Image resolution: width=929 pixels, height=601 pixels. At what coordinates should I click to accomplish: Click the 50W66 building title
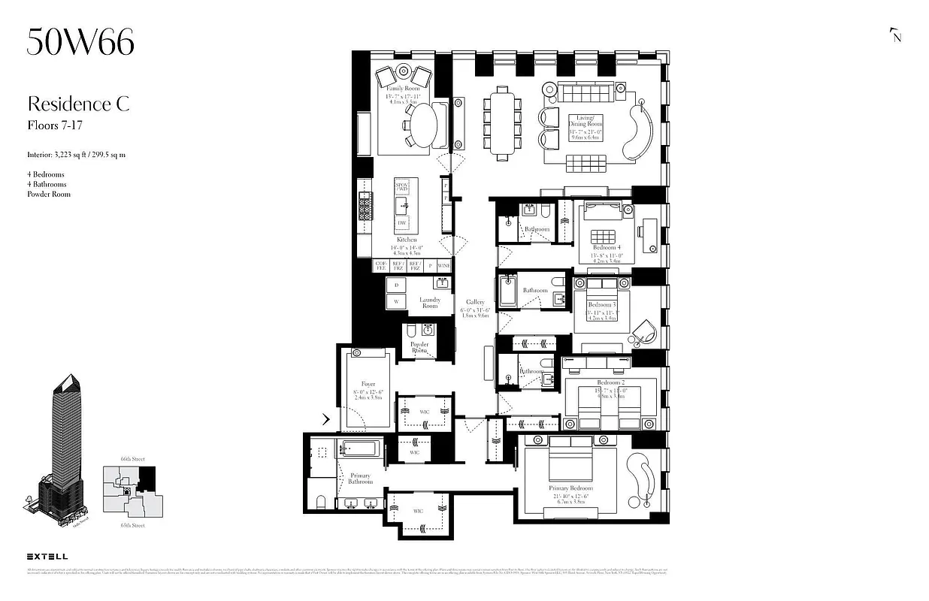pos(80,42)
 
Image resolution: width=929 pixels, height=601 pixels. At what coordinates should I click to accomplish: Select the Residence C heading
pos(78,104)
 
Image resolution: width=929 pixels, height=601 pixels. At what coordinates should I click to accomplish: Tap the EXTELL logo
pos(47,557)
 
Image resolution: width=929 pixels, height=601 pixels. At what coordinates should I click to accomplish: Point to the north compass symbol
pos(894,35)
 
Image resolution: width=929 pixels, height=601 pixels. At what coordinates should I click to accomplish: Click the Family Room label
pos(403,89)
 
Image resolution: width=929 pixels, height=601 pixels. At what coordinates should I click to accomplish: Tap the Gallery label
pos(475,302)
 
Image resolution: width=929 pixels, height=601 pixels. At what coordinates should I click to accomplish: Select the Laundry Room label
pos(429,302)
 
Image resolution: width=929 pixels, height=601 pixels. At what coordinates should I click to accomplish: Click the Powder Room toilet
pos(412,331)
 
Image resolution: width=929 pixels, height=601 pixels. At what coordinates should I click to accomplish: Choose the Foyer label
pos(368,384)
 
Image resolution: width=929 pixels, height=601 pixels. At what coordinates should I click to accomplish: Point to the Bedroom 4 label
pos(606,247)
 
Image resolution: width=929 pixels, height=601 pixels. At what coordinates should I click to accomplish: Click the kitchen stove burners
pos(366,205)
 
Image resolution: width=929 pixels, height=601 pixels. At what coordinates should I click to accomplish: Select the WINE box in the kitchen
pos(444,265)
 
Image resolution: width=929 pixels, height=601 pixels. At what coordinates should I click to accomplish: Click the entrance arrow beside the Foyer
pos(326,418)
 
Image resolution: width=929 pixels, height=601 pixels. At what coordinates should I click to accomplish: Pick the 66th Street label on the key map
pos(132,458)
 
